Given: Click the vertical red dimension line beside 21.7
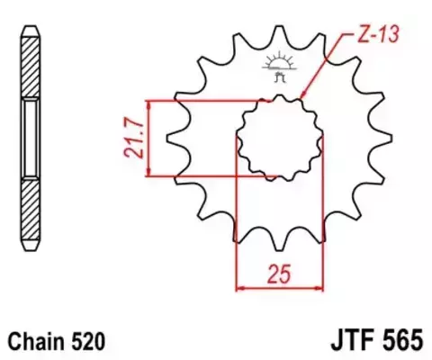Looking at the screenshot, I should (148, 138).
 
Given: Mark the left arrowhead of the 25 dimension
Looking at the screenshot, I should (239, 289).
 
